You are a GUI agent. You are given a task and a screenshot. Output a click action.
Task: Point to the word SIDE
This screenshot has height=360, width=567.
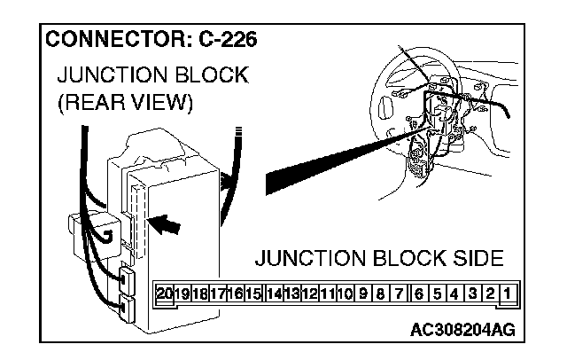[x=476, y=259]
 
